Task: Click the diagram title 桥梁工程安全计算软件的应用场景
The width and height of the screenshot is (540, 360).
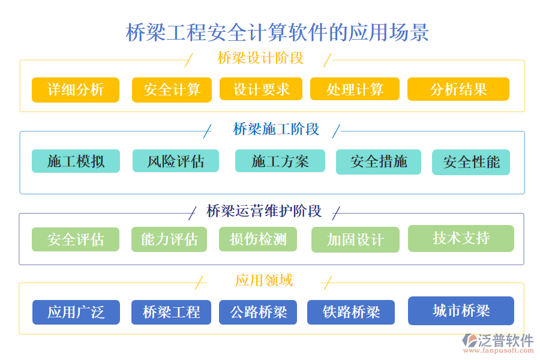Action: click(x=277, y=32)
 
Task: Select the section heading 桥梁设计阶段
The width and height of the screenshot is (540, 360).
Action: click(x=260, y=58)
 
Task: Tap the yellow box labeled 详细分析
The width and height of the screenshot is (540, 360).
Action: click(x=76, y=90)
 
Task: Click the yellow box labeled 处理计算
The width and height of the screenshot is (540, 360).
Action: click(x=355, y=89)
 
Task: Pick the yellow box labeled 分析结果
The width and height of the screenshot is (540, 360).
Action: click(x=458, y=89)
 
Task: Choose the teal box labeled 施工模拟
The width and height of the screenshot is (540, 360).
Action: click(x=76, y=161)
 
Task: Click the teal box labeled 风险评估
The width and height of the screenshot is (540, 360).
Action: click(x=176, y=161)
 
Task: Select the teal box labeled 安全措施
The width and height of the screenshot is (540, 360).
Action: click(x=379, y=162)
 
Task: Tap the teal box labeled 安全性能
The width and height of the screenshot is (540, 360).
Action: click(x=471, y=163)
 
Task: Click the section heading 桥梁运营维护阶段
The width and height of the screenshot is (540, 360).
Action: click(x=264, y=211)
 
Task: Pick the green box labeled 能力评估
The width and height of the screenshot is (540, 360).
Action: click(x=169, y=239)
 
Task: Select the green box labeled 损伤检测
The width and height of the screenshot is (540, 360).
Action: click(x=259, y=239)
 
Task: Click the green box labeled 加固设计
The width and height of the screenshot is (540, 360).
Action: click(x=355, y=240)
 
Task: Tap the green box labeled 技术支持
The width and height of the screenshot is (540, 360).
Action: click(x=461, y=238)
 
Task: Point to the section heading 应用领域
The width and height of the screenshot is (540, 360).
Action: click(x=264, y=280)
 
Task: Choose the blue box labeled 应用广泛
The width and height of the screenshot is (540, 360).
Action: click(x=76, y=312)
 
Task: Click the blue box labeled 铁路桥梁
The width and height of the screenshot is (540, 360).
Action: click(x=351, y=313)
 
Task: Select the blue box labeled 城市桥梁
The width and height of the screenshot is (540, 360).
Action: click(x=461, y=311)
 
